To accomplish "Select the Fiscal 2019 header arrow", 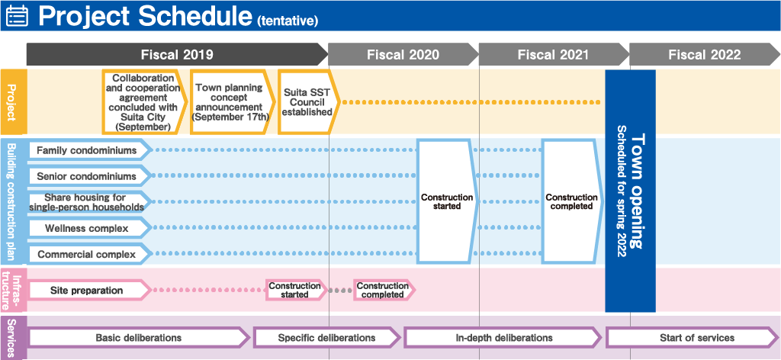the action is coord(177,54).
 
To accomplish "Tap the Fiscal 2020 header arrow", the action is coord(403,54).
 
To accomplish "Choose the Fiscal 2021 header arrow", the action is coord(554,54).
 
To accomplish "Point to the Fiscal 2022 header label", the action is coord(704,54).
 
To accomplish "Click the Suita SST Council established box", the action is coord(308,102).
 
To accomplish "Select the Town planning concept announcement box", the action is coord(232,102).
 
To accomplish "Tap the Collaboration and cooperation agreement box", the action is coord(144,102).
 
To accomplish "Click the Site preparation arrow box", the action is coord(90,290).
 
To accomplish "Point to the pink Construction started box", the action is coord(296,290).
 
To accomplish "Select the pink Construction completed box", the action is coord(384,290).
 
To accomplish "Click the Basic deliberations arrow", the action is coord(139,338).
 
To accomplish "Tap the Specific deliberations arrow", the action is coord(326,338).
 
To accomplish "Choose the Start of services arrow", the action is coord(693,338).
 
